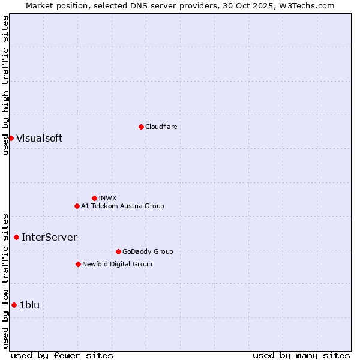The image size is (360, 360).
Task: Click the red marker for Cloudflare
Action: click(141, 127)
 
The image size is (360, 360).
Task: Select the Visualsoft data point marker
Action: click(11, 138)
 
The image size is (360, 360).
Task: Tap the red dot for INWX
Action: click(94, 198)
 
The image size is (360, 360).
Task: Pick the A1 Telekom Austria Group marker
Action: click(77, 206)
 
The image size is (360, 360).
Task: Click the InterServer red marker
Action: click(16, 237)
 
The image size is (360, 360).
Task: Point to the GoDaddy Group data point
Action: click(118, 251)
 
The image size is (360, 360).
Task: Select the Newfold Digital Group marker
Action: click(78, 264)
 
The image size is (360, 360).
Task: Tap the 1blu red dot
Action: click(14, 305)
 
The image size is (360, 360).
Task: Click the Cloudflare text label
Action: click(161, 127)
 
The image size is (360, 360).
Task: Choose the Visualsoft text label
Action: click(39, 138)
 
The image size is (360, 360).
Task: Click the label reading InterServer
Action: click(49, 237)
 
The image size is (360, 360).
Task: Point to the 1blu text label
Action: click(29, 305)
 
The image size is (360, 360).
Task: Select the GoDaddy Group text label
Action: click(148, 251)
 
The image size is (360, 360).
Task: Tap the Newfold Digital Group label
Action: click(117, 264)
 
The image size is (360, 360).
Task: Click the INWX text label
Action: click(107, 198)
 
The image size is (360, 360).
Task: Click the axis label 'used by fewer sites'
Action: click(62, 355)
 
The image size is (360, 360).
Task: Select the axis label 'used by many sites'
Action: click(301, 355)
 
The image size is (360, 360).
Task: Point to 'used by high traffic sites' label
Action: click(5, 85)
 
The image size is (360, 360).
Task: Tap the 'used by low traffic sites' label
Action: click(5, 281)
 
